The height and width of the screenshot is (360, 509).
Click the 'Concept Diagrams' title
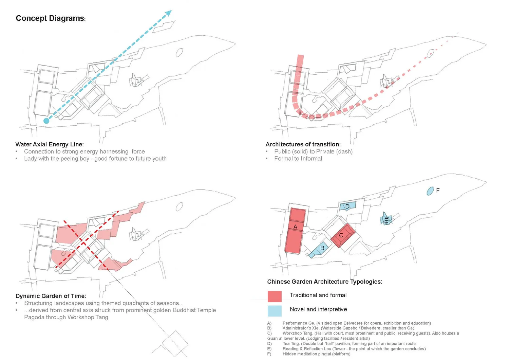pyautogui.click(x=50, y=18)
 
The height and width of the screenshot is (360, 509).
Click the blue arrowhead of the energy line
pyautogui.click(x=168, y=14)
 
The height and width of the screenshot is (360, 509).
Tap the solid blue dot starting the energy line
pyautogui.click(x=46, y=121)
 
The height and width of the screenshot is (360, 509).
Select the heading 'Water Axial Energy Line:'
pyautogui.click(x=50, y=144)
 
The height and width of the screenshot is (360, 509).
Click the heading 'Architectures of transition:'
pyautogui.click(x=303, y=144)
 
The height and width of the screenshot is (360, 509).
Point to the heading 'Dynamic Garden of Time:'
pyautogui.click(x=51, y=296)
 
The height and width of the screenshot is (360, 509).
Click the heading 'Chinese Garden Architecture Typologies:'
pyautogui.click(x=324, y=282)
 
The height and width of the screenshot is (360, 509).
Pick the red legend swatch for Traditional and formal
pyautogui.click(x=275, y=296)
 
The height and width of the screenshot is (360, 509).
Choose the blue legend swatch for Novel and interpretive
pyautogui.click(x=275, y=311)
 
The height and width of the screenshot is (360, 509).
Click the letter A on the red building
pyautogui.click(x=295, y=227)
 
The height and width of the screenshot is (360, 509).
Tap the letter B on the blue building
pyautogui.click(x=322, y=248)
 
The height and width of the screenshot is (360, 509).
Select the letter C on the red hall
pyautogui.click(x=341, y=235)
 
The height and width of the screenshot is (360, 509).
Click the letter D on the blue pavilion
pyautogui.click(x=347, y=206)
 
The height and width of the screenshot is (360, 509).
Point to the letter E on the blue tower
pyautogui.click(x=386, y=221)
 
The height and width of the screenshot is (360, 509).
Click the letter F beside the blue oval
pyautogui.click(x=438, y=191)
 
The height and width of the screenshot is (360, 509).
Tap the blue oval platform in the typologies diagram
pyautogui.click(x=430, y=191)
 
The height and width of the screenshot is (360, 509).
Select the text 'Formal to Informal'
pyautogui.click(x=298, y=159)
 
